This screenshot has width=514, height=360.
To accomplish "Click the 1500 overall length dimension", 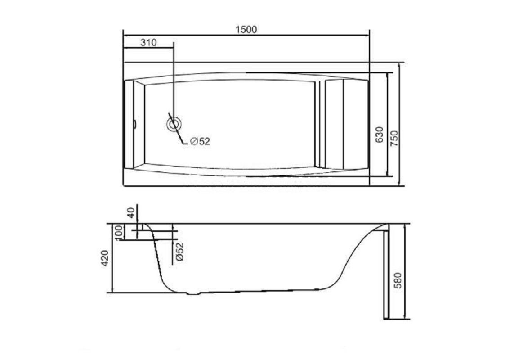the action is coord(246,30).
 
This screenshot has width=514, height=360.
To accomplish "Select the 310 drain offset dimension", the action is coord(148,43).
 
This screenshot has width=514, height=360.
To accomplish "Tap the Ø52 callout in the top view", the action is coord(200,141).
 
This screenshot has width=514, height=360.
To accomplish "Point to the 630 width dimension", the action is coord(379,135).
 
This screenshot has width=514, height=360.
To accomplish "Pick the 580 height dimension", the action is coord(398,280).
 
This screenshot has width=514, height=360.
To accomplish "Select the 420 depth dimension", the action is coord(104,258).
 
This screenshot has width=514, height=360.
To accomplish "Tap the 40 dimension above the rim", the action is coord(131,213).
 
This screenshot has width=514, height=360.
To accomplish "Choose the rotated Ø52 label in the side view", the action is coord(179,252).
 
